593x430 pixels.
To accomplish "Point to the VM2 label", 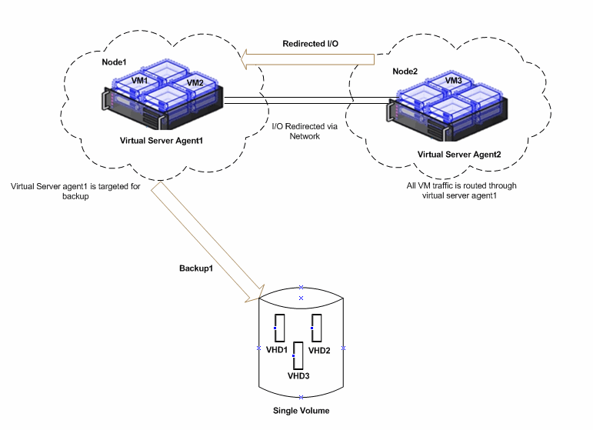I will pyautogui.click(x=195, y=83).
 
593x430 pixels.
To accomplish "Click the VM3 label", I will pyautogui.click(x=453, y=81).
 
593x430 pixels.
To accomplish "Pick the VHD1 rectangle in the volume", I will pyautogui.click(x=281, y=328).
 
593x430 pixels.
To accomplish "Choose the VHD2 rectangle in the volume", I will pyautogui.click(x=316, y=328).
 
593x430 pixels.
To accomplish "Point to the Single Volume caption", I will pyautogui.click(x=301, y=411).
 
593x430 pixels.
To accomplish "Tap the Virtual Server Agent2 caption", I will pyautogui.click(x=458, y=155).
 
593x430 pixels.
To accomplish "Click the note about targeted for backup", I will pyautogui.click(x=75, y=191).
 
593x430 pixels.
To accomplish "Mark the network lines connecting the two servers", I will pyautogui.click(x=308, y=100).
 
